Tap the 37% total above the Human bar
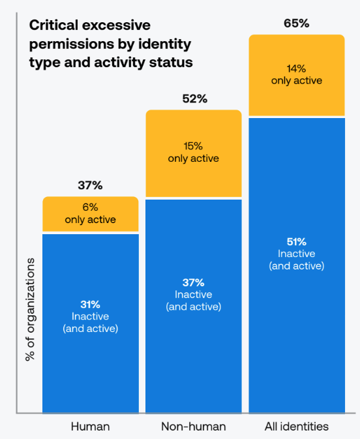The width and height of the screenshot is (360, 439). pyautogui.click(x=90, y=185)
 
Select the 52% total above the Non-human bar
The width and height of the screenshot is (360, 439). pyautogui.click(x=193, y=99)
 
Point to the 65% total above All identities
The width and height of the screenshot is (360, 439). pyautogui.click(x=296, y=23)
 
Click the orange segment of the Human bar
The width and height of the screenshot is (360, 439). pyautogui.click(x=90, y=215)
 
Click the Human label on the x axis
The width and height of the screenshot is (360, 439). pyautogui.click(x=90, y=427)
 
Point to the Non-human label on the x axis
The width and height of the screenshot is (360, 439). pyautogui.click(x=193, y=427)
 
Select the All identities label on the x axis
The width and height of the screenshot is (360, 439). pyautogui.click(x=296, y=427)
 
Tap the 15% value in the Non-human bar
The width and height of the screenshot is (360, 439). pyautogui.click(x=193, y=147)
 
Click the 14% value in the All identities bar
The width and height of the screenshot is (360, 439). pyautogui.click(x=297, y=68)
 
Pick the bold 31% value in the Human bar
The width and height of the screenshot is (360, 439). pyautogui.click(x=90, y=304)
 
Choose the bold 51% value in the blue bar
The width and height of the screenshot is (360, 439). pyautogui.click(x=297, y=242)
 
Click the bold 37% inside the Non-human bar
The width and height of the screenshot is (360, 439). pyautogui.click(x=193, y=282)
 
